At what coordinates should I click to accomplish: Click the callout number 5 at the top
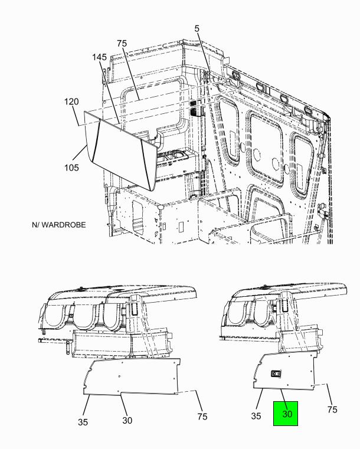click(x=197, y=29)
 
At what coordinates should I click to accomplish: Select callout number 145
click(x=99, y=57)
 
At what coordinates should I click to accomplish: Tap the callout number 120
click(x=71, y=101)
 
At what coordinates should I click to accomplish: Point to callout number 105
click(x=71, y=168)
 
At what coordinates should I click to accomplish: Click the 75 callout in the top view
click(x=122, y=44)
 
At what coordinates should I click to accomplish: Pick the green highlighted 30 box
click(x=286, y=413)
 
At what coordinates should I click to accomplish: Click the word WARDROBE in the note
click(x=64, y=225)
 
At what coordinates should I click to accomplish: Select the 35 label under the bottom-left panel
click(x=83, y=422)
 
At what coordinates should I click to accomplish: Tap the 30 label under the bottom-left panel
click(x=127, y=420)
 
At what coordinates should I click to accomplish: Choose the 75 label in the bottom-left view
click(x=202, y=417)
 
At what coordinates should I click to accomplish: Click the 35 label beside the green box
click(x=256, y=416)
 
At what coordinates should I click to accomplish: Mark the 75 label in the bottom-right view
click(x=332, y=410)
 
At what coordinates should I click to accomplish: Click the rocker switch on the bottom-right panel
click(x=276, y=373)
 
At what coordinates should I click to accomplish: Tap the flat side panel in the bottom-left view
click(x=132, y=376)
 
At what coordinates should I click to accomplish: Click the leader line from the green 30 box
click(x=283, y=400)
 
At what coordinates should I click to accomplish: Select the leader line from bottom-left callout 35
click(x=87, y=405)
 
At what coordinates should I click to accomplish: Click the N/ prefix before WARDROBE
click(x=35, y=225)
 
